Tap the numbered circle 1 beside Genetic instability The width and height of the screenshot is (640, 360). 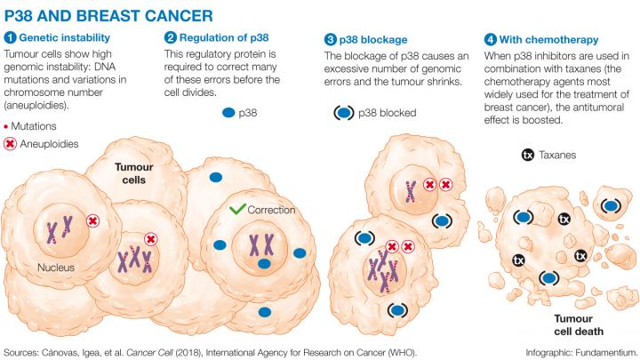point(10,39)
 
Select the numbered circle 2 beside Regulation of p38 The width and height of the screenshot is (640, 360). point(170,39)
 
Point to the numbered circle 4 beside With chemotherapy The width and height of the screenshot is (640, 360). point(490,39)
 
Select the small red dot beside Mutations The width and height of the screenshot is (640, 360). point(7,127)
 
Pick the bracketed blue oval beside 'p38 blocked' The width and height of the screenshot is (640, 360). point(342,114)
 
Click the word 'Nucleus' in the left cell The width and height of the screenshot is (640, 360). point(55,266)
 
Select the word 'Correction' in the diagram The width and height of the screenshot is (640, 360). point(271,210)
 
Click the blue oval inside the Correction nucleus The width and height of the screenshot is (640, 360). point(264,264)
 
